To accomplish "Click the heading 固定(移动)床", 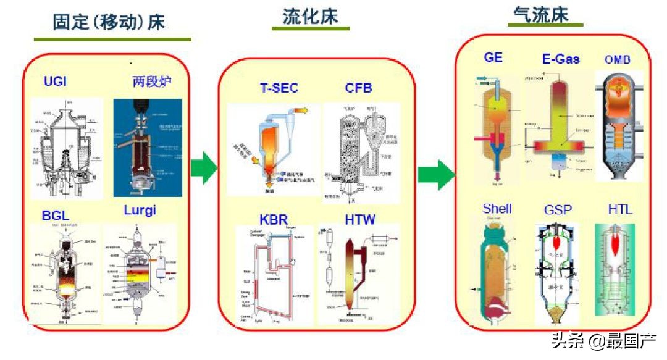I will click(109, 23).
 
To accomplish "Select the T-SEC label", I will click(278, 88).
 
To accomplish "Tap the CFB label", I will click(358, 88).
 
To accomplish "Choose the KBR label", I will click(274, 219).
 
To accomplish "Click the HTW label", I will click(360, 219).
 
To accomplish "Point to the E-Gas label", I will click(560, 59).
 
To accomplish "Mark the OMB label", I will click(618, 60).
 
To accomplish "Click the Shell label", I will click(497, 209).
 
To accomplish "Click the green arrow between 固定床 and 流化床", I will click(203, 168).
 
